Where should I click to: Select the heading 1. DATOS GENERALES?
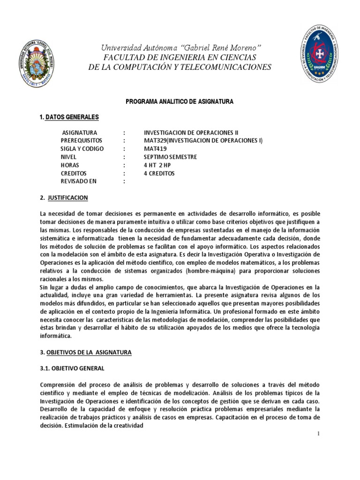point(69,117)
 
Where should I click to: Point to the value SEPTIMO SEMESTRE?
point(171,157)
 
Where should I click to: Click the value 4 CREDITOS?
point(159,173)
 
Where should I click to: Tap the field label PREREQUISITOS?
point(83,141)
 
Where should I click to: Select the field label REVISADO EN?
point(81,181)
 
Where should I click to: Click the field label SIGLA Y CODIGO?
point(83,149)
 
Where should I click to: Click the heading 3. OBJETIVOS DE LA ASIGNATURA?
point(86,352)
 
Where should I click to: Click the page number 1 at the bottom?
point(318,433)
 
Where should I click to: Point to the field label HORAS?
point(71,165)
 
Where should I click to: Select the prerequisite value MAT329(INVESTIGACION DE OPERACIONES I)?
point(203,141)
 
